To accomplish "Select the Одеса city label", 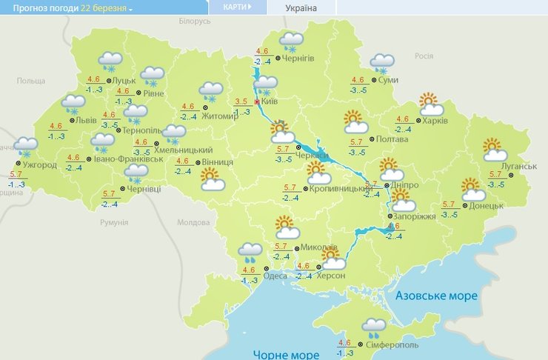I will (275, 276).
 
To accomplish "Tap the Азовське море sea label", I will (436, 296).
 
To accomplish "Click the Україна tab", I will (301, 8).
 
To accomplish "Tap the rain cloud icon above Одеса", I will (250, 254).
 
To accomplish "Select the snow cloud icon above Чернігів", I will (292, 41).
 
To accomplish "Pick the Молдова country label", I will (194, 222).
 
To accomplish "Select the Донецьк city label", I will (487, 204).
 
